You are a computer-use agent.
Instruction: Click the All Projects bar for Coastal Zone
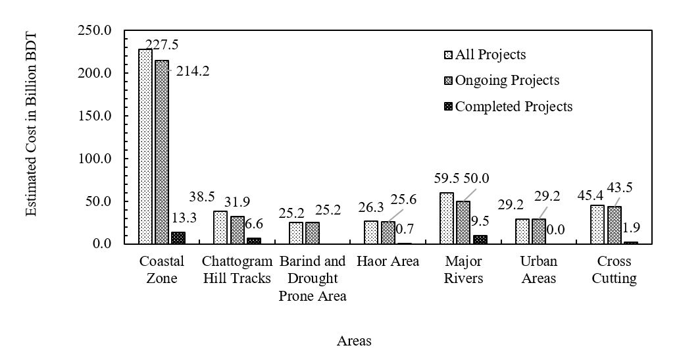pyautogui.click(x=145, y=146)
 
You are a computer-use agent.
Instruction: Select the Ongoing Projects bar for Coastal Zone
pyautogui.click(x=161, y=151)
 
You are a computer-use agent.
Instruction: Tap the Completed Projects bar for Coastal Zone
pyautogui.click(x=178, y=238)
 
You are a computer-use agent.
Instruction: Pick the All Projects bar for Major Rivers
pyautogui.click(x=447, y=218)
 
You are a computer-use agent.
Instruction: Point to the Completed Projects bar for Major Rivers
pyautogui.click(x=480, y=240)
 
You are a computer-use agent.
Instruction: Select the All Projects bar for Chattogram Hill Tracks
pyautogui.click(x=220, y=227)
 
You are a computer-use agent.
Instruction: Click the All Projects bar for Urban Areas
pyautogui.click(x=522, y=231)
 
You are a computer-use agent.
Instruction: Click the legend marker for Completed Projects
pyautogui.click(x=449, y=106)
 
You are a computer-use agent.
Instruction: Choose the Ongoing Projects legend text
pyautogui.click(x=507, y=80)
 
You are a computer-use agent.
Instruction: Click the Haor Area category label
pyautogui.click(x=388, y=261)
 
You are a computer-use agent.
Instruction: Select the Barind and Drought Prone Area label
pyautogui.click(x=313, y=278)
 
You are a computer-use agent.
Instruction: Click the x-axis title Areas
pyautogui.click(x=354, y=341)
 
